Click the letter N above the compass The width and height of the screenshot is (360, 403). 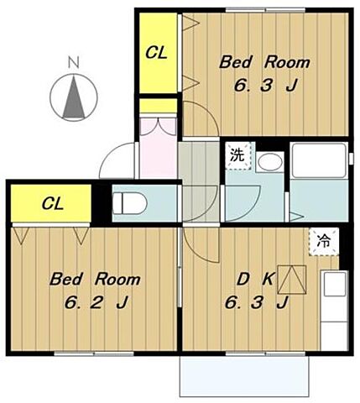[74, 62]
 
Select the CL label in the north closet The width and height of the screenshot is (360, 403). [156, 53]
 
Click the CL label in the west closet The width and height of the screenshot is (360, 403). [53, 203]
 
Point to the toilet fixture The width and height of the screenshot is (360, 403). [129, 203]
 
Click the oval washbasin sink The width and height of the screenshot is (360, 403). [270, 161]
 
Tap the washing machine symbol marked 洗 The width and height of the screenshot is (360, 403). [237, 155]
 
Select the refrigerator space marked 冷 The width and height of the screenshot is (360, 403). [324, 241]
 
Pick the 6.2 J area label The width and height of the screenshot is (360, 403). [97, 302]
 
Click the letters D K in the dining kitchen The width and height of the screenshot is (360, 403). [255, 279]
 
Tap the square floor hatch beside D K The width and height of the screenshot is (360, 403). [292, 280]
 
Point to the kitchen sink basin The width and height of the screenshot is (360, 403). [334, 285]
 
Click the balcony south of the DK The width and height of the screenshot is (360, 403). [244, 377]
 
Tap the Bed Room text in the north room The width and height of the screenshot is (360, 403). [264, 62]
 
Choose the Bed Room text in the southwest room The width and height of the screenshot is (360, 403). [95, 280]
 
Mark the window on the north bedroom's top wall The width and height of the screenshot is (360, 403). [266, 10]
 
